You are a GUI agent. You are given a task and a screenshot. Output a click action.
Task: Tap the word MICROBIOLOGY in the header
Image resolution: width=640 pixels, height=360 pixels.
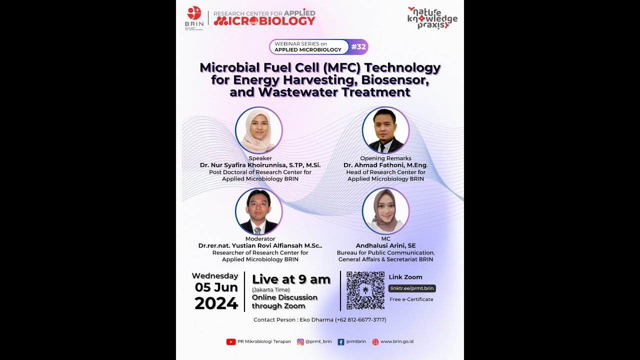pos(264,21)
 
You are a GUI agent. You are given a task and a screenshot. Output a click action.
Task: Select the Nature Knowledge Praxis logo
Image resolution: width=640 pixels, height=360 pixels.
pos(432,18)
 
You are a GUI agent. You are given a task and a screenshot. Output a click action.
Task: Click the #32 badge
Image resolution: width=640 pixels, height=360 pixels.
pos(358,47)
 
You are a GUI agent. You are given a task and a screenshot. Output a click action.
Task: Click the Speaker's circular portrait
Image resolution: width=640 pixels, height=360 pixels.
pos(259,130)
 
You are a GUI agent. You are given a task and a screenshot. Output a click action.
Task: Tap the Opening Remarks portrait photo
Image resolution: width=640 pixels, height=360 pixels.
pos(385,130)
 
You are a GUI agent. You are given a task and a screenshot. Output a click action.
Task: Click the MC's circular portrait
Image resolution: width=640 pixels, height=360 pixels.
pos(385,211)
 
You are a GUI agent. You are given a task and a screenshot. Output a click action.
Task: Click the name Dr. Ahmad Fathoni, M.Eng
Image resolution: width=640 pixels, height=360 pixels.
pos(385,165)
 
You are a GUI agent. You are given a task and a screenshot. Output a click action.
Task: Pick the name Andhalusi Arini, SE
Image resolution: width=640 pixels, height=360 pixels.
pos(385,245)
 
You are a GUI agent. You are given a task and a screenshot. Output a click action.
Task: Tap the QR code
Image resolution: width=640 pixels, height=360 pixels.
pos(365,290)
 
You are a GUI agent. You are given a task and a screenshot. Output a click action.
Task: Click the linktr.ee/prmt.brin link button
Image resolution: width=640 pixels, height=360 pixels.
pos(412,288)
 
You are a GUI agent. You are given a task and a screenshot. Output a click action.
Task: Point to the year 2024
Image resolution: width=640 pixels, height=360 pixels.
pos(216,303)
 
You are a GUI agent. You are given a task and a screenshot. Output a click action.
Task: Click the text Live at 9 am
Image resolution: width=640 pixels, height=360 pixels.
pos(291,279)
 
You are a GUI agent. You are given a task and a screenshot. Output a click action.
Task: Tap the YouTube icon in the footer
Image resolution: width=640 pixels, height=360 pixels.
pos(231,342)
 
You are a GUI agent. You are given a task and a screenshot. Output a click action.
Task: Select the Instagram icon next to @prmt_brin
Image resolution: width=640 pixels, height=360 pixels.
pos(300,342)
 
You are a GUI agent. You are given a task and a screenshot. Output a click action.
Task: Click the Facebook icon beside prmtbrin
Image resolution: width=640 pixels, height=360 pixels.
pos(341,342)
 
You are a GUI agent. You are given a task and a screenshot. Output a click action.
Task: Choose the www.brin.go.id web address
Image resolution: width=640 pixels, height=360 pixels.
pos(396,342)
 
